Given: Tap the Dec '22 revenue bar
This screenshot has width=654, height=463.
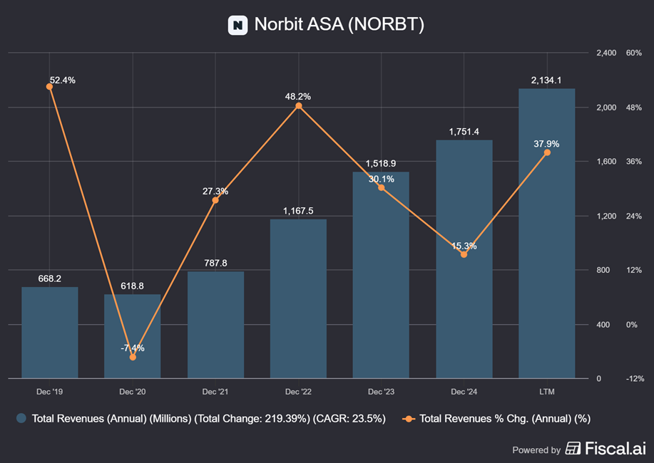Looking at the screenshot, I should [298, 298].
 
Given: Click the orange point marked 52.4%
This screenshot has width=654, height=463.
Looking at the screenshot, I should [49, 86].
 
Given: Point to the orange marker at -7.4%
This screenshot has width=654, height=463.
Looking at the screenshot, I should [133, 357].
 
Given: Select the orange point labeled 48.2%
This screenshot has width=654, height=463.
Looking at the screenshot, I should [298, 105].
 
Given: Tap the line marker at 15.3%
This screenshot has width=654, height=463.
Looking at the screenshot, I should [464, 254].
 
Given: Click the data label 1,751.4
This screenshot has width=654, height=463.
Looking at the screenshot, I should [464, 132].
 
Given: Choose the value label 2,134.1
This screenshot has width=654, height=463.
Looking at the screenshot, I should [547, 80].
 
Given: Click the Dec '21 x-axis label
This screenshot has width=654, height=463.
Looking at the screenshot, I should [215, 392].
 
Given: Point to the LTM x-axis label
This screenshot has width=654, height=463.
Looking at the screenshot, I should [547, 392].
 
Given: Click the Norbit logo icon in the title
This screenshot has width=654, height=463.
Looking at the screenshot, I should [237, 25].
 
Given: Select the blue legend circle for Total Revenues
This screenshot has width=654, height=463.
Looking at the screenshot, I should [22, 419].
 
